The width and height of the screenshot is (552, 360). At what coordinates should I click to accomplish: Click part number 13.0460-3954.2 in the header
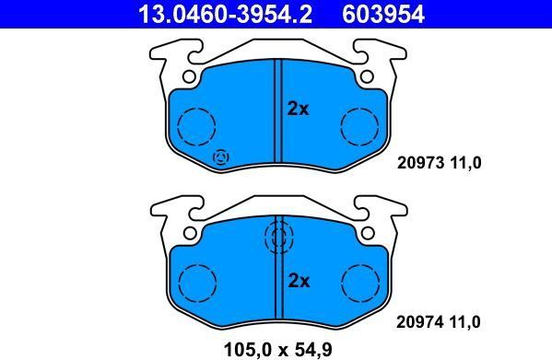[x=225, y=15]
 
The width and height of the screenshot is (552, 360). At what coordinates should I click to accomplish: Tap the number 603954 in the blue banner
[x=383, y=15]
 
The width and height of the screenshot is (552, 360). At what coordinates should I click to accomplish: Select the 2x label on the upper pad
[x=299, y=109]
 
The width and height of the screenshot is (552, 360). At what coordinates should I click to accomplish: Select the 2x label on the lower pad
[x=299, y=281]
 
